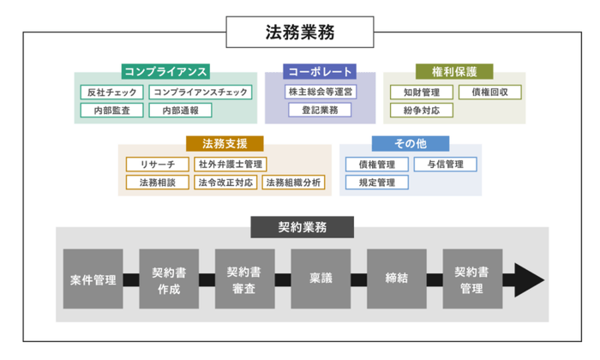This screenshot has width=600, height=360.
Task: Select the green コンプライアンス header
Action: (x=166, y=72)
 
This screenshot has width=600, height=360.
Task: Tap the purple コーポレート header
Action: (x=321, y=72)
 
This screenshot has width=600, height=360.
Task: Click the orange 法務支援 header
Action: (x=225, y=144)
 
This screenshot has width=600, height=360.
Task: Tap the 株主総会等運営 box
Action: (x=320, y=91)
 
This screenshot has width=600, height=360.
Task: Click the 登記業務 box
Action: (x=320, y=110)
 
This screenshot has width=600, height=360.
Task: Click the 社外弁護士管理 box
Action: (x=231, y=164)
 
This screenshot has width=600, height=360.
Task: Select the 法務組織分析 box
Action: (x=293, y=182)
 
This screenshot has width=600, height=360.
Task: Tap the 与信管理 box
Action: (x=445, y=164)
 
